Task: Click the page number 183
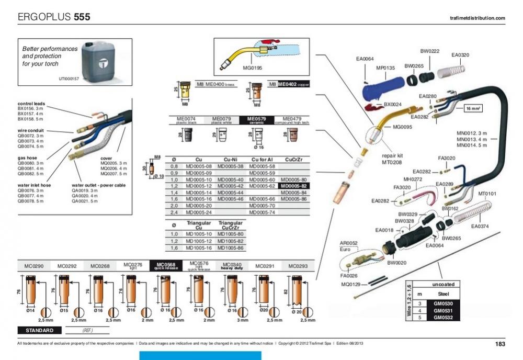click(x=499, y=344)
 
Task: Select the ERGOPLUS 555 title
click(x=54, y=17)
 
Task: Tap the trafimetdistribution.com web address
click(x=477, y=18)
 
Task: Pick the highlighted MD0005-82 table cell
click(x=295, y=186)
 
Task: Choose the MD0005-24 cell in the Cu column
click(x=198, y=213)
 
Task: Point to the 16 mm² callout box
click(x=473, y=109)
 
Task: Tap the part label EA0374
click(x=479, y=227)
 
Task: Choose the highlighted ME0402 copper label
click(x=293, y=84)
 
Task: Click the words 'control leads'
click(x=30, y=104)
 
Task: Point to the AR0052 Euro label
click(x=349, y=246)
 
